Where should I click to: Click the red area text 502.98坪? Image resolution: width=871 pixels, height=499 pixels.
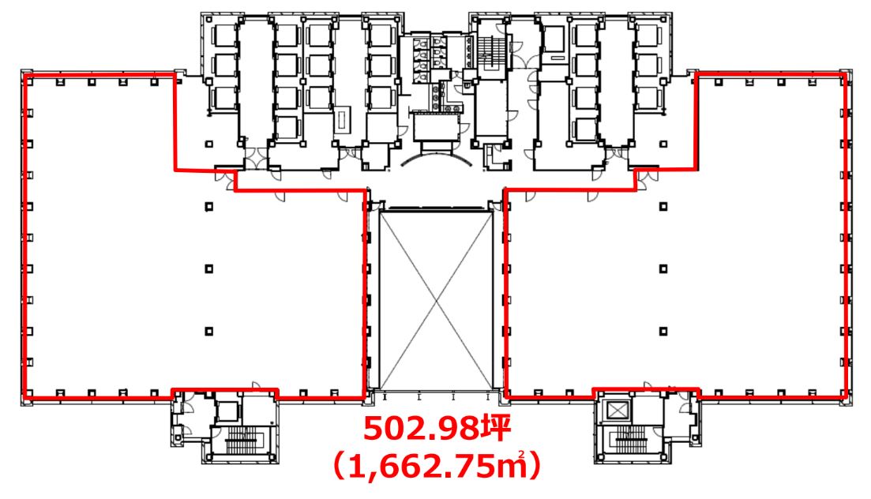tap(437, 429)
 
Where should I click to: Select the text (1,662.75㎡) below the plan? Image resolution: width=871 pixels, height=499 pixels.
tap(437, 466)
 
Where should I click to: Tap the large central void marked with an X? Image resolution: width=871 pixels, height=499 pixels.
tap(436, 300)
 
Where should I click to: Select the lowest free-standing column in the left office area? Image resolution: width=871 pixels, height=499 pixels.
tap(208, 331)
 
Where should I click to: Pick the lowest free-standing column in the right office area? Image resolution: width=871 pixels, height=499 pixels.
tap(663, 331)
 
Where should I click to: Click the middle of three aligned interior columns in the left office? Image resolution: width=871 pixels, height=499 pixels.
tap(208, 269)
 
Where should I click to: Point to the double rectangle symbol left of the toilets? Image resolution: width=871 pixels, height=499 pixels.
tap(342, 118)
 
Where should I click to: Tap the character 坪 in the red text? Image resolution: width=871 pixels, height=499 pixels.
tap(495, 429)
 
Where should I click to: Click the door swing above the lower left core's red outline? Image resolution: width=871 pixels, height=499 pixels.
tap(257, 385)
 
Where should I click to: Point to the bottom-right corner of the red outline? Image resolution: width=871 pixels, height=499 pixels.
tap(846, 397)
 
